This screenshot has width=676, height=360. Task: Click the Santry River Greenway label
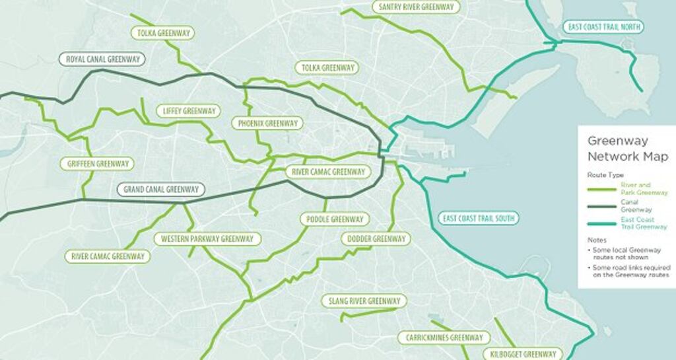pyautogui.click(x=416, y=7)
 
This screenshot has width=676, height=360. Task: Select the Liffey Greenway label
pyautogui.click(x=188, y=111)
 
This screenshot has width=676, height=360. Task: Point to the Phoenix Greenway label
pyautogui.click(x=267, y=124)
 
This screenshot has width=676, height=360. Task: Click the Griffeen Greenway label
pyautogui.click(x=96, y=164)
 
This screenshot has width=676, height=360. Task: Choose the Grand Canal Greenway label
pyautogui.click(x=161, y=190)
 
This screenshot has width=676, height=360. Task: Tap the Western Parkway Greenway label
pyautogui.click(x=207, y=239)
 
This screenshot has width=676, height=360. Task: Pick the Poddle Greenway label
pyautogui.click(x=335, y=219)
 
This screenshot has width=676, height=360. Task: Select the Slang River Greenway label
pyautogui.click(x=364, y=301)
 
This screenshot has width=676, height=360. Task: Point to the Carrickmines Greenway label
pyautogui.click(x=444, y=338)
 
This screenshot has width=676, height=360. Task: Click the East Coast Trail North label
pyautogui.click(x=603, y=27)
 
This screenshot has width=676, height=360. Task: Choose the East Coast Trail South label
pyautogui.click(x=479, y=219)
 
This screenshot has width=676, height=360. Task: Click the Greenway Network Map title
pyautogui.click(x=627, y=149)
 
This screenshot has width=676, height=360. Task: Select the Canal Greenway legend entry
pyautogui.click(x=636, y=205)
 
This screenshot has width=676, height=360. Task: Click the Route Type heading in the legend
pyautogui.click(x=605, y=175)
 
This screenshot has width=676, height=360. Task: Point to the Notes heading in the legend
pyautogui.click(x=597, y=240)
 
